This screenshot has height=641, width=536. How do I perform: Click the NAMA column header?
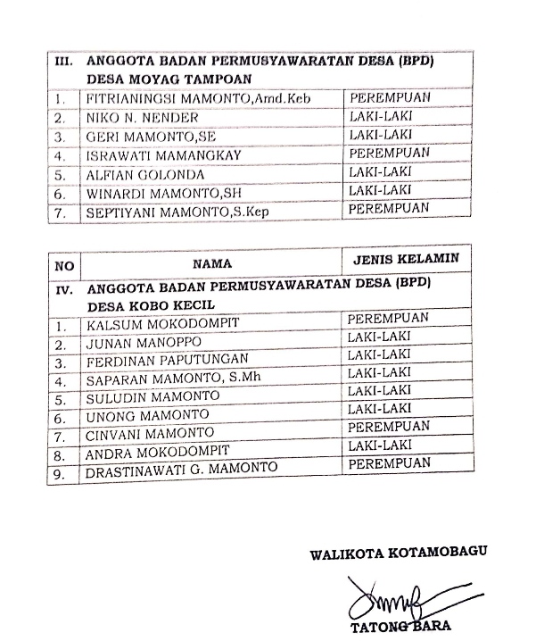point(211,263)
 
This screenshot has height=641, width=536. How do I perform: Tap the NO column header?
point(63,265)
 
